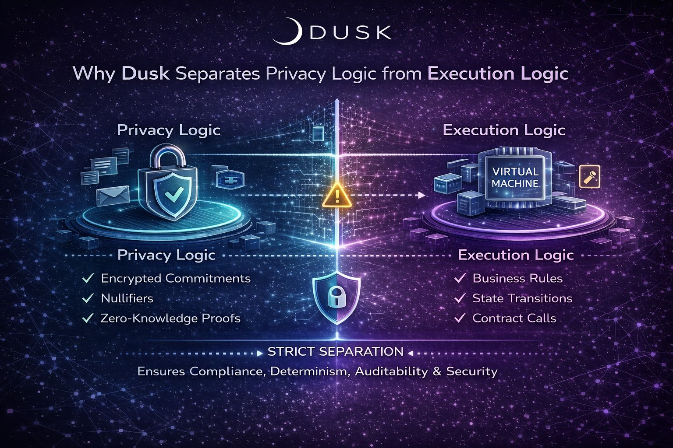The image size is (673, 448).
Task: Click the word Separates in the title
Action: coord(217,73)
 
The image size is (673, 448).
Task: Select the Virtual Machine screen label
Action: coord(515,177)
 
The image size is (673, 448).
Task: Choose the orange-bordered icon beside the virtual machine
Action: coord(589,176)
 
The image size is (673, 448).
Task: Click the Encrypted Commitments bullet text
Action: coord(176,278)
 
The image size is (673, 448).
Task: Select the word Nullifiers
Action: coord(127,298)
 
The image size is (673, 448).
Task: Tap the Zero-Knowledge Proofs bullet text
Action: coord(170,318)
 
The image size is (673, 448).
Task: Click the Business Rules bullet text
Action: coord(517,278)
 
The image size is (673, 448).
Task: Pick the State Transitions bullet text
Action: coord(522,298)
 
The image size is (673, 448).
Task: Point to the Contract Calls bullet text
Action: coord(514,318)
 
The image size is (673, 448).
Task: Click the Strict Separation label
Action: coord(335,351)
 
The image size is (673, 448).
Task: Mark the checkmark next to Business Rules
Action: coord(460,278)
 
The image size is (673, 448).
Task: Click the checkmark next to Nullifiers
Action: coord(88,298)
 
